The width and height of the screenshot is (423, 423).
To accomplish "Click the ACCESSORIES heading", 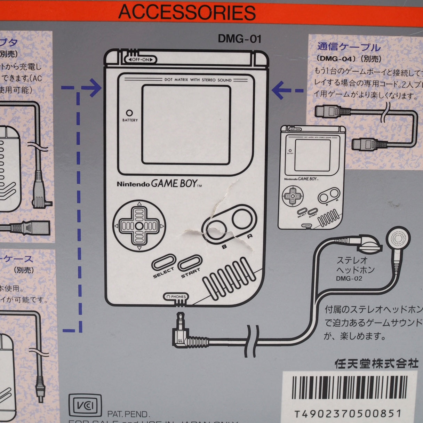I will tap(187, 13).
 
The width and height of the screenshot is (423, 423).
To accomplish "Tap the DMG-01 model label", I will tap(239, 39).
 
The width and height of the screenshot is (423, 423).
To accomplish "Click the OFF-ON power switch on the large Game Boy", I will tap(141, 59).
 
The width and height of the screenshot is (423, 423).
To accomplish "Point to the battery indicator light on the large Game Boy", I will tap(129, 113).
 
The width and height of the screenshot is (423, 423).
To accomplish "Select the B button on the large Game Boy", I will tap(219, 230).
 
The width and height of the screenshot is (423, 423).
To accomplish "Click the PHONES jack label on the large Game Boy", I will tap(176, 297).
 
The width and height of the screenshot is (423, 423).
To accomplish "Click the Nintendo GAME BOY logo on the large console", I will tap(159, 184).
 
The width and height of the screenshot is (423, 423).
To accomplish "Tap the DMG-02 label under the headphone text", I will tap(349, 278).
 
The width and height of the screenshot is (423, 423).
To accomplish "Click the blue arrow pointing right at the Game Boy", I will tap(92, 88).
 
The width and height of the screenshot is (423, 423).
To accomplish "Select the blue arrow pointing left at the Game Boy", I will tap(282, 90).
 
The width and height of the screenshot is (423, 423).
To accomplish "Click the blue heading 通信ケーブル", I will tap(349, 47).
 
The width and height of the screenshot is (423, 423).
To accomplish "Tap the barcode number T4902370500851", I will tap(348, 414).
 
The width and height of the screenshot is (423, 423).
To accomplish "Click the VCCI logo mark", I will tap(85, 405).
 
